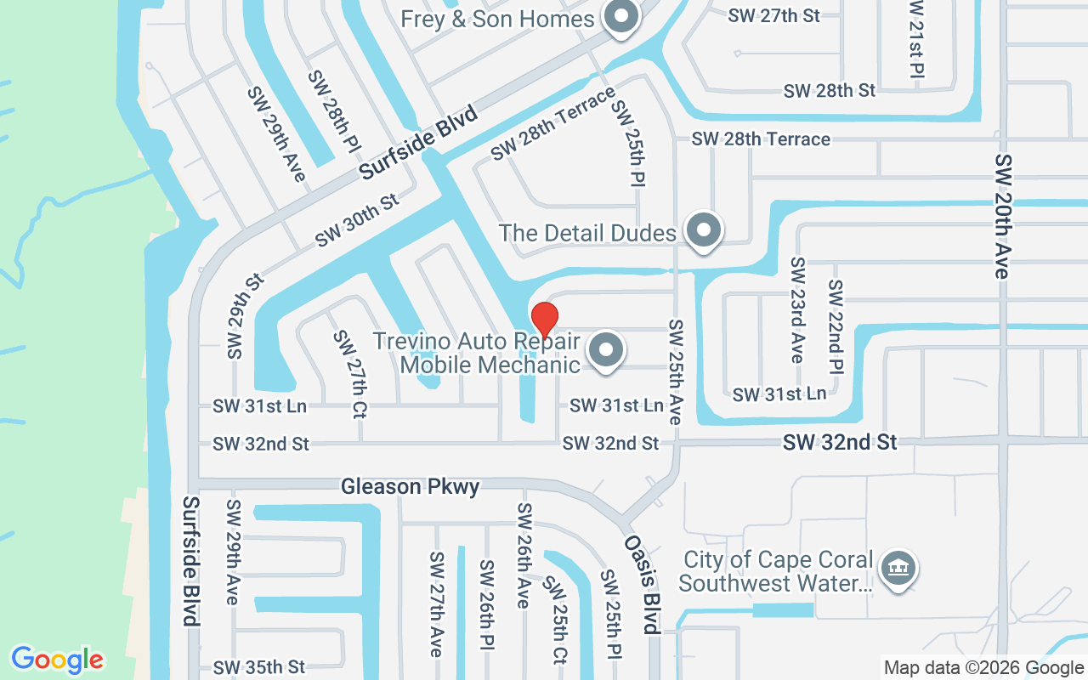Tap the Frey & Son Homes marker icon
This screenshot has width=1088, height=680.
pos(621,17)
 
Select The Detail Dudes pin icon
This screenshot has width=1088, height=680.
pos(703,230)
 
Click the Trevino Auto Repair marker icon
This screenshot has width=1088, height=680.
pos(606,349)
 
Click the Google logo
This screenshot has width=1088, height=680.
pos(57,660)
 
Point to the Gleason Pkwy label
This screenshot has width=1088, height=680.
pos(410,487)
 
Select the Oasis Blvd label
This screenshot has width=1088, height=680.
pos(643,585)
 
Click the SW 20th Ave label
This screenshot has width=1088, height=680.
pos(1004,216)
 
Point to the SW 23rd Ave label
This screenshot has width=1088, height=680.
pos(796,310)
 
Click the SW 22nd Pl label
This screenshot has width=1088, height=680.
pos(836,327)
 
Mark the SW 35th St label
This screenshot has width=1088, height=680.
pos(258,666)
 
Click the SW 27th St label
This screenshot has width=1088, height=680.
pos(774,16)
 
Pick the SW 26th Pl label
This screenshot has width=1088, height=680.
pos(487,604)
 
